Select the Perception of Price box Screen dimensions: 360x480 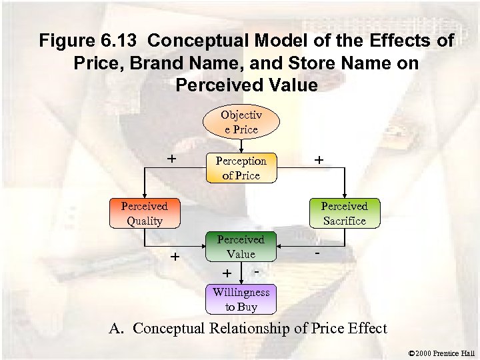pos(240,168)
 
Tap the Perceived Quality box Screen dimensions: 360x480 pos(144,214)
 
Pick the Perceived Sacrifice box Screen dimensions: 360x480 pos(344,214)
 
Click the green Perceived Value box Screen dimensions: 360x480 pos(241,247)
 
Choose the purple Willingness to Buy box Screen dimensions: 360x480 pos(241,299)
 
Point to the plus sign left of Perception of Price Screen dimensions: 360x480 pos(171,159)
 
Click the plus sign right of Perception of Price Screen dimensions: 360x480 pos(319,161)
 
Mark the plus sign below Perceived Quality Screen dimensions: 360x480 pos(175,257)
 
